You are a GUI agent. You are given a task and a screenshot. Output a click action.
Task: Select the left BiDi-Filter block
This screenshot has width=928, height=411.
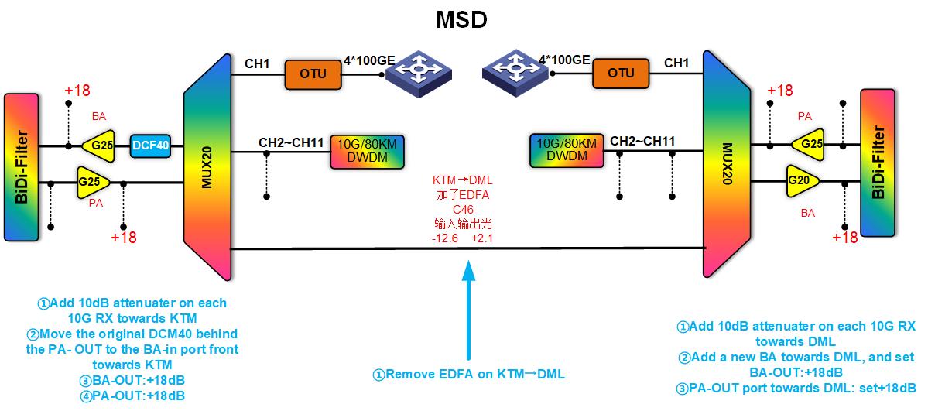point(20,166)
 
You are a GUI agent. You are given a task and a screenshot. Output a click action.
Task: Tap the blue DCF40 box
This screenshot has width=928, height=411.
point(151,145)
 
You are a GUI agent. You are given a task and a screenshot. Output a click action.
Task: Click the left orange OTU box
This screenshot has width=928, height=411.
point(313,74)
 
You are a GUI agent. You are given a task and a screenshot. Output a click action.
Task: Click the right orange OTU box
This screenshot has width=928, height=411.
point(621,74)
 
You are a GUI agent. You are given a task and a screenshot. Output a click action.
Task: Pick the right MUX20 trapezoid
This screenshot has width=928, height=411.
point(727,165)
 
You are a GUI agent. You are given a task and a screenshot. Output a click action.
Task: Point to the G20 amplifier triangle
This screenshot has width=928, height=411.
point(801,181)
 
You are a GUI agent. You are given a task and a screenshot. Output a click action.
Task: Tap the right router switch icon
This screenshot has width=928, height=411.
point(514,70)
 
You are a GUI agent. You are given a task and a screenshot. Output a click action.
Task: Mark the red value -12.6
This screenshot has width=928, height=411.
point(445,239)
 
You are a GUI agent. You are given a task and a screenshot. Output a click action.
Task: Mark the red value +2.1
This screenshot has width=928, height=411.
point(481,239)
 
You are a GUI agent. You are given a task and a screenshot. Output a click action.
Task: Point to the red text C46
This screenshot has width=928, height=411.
point(463,209)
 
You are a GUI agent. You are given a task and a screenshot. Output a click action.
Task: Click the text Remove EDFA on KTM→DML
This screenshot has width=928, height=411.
point(468,375)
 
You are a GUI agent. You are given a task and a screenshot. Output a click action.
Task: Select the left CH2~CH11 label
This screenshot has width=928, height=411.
point(292,142)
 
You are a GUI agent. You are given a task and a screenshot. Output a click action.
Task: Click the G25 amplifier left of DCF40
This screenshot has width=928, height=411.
point(99,145)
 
